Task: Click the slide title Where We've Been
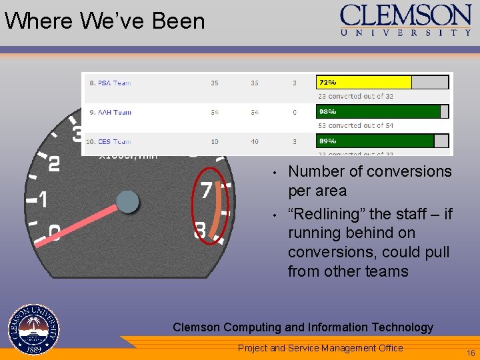[105, 21]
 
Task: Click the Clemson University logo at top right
[406, 21]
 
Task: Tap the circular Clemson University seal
[34, 330]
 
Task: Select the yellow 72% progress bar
[363, 83]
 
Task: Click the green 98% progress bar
[378, 112]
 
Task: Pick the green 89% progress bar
[375, 141]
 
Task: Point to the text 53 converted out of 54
[355, 125]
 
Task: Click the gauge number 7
[207, 190]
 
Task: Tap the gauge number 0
[54, 233]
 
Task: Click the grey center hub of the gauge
[127, 201]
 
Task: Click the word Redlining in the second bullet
[327, 214]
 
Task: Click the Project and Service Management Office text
[320, 348]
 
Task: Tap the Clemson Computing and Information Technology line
[303, 327]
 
